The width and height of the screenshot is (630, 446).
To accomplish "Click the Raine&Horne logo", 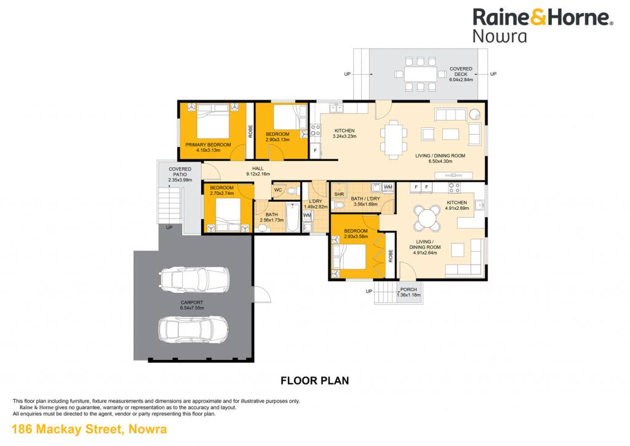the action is click(543, 25).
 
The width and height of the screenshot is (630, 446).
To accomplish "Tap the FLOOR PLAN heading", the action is click(314, 381).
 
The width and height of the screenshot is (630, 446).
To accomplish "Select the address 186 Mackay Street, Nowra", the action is click(89, 429).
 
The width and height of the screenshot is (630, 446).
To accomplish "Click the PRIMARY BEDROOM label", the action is click(208, 145).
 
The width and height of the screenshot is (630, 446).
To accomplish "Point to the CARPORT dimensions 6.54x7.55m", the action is click(192, 308).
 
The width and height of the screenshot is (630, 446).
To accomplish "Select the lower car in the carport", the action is click(194, 330).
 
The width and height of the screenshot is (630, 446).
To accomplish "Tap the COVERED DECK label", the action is click(461, 71).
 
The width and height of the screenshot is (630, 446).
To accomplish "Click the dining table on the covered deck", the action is click(420, 74).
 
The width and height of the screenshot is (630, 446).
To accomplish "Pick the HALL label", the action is click(258, 169).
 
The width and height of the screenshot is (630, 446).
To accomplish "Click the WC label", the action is click(277, 190).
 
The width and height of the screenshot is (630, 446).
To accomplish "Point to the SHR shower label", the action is click(339, 194).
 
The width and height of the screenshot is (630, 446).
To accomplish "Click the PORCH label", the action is click(409, 289).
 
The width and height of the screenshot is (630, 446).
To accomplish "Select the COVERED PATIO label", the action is click(180, 172).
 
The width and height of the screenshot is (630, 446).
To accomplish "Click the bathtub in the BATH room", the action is click(292, 217).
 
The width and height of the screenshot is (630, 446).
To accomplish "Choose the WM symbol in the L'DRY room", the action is click(307, 215).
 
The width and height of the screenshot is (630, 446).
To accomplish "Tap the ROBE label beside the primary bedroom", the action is click(250, 132).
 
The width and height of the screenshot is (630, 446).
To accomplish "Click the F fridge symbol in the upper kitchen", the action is click(316, 151).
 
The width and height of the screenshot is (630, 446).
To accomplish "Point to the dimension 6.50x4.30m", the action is click(441, 161).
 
